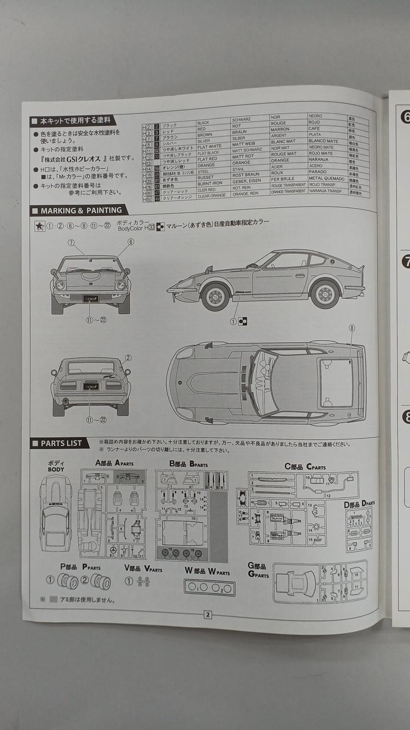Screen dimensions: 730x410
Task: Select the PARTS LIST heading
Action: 61,443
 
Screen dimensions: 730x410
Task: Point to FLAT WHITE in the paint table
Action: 210,146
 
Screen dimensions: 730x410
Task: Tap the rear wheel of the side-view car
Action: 325,294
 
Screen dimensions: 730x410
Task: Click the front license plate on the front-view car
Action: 90,298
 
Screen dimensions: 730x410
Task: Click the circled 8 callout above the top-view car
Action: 351,328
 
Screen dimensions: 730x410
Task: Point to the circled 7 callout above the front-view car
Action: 71,242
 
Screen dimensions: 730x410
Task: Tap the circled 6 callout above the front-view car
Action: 130,242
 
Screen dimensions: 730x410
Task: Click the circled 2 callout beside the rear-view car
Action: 128,358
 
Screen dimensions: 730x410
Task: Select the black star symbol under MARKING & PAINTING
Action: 39,226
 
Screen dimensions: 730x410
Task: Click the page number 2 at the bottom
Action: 208,614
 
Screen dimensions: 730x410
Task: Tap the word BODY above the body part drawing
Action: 56,469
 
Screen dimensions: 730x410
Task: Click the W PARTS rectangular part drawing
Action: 210,587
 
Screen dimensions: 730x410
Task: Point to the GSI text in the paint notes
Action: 77,158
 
